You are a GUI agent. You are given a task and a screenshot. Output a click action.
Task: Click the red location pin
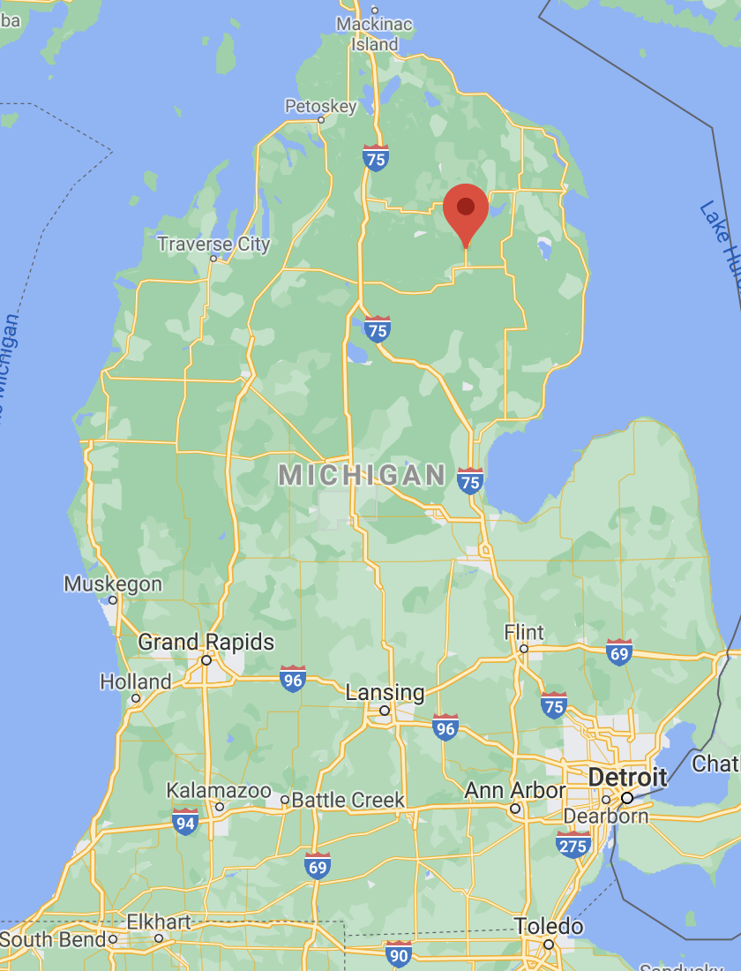coord(466,210)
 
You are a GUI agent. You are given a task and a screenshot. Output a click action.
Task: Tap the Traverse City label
coord(213,244)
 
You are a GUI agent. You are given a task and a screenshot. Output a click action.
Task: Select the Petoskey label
coord(320,107)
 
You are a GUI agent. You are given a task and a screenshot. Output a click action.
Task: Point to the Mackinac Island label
coord(374,34)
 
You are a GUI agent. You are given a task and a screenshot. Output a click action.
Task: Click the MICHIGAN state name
coord(363,475)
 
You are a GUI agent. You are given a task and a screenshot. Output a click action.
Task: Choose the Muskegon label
coord(113,584)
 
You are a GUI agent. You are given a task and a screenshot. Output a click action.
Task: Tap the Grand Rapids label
coord(206,642)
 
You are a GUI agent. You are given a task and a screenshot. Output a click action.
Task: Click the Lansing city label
coord(385,693)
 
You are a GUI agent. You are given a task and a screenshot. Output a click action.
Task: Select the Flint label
coord(524,632)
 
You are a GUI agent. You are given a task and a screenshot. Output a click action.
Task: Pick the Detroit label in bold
coord(628,778)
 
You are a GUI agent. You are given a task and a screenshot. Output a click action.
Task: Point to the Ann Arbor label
coord(515,789)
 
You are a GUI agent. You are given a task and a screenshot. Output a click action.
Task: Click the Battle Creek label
coord(348,801)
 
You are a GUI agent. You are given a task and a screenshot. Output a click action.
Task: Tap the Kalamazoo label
coord(219,790)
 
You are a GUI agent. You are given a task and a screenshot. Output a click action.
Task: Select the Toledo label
coord(549,926)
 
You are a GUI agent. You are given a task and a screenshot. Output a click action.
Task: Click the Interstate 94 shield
coord(185,821)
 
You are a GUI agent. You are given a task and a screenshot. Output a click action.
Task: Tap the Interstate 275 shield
coord(573,845)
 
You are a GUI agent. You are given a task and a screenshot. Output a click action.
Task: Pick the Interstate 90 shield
coord(399,953)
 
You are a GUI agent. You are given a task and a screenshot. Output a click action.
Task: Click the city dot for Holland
coord(136,698)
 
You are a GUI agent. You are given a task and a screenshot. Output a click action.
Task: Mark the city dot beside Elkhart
coord(159,937)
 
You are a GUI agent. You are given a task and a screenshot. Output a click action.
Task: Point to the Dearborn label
coord(605,816)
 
